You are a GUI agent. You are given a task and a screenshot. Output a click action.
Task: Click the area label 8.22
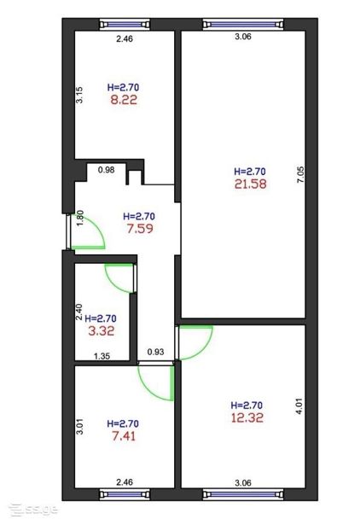point(124,100)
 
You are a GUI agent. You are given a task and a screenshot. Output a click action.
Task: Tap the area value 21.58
point(251,184)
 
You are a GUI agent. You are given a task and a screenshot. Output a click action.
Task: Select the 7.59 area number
point(140,229)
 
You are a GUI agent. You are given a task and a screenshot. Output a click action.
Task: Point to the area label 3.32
point(102,331)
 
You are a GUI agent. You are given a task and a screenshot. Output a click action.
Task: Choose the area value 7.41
point(124,436)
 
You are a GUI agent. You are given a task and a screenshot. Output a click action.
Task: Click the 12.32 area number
point(247,417)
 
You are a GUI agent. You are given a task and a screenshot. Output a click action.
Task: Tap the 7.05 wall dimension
point(300,174)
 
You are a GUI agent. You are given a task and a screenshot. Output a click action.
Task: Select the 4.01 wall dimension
point(299,406)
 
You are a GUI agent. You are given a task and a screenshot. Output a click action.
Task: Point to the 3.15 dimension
point(79,95)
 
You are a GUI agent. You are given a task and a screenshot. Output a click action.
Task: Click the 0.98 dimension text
point(107,170)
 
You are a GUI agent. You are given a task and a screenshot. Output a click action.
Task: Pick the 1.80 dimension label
point(80,218)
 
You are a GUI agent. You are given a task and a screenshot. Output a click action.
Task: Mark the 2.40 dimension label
point(79,312)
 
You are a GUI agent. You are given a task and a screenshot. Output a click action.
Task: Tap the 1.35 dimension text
point(102,356)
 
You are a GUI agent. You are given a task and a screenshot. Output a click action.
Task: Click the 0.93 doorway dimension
point(156,352)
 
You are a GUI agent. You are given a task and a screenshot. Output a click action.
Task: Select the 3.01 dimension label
point(79,427)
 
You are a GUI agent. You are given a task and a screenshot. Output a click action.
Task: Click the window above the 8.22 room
point(125,25)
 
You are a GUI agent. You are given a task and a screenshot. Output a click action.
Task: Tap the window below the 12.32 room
point(243,494)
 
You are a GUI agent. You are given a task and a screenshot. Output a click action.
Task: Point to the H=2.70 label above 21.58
point(250,172)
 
